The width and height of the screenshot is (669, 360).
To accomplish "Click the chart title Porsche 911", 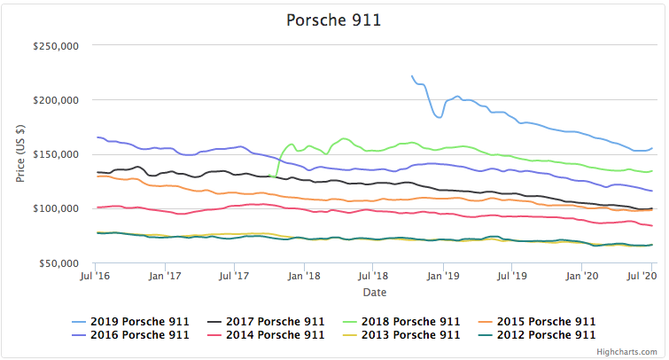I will pos(333,19).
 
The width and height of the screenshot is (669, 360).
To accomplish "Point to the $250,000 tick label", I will pos(57,46).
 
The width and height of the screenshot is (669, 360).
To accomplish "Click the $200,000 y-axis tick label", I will pos(57,100).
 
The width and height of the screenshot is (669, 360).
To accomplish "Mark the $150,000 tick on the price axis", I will pos(57,154).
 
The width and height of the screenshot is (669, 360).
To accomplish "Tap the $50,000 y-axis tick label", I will pos(59,263).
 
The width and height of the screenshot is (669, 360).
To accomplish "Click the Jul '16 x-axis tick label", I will pos(95,277).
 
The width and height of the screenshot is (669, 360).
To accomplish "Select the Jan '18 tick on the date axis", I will pos(304,277).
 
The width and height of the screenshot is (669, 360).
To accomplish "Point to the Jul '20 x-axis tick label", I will pos(651,277).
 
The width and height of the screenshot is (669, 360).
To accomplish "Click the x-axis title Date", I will pos(373,293).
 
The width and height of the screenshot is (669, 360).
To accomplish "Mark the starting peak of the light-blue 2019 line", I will pos(412,76).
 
